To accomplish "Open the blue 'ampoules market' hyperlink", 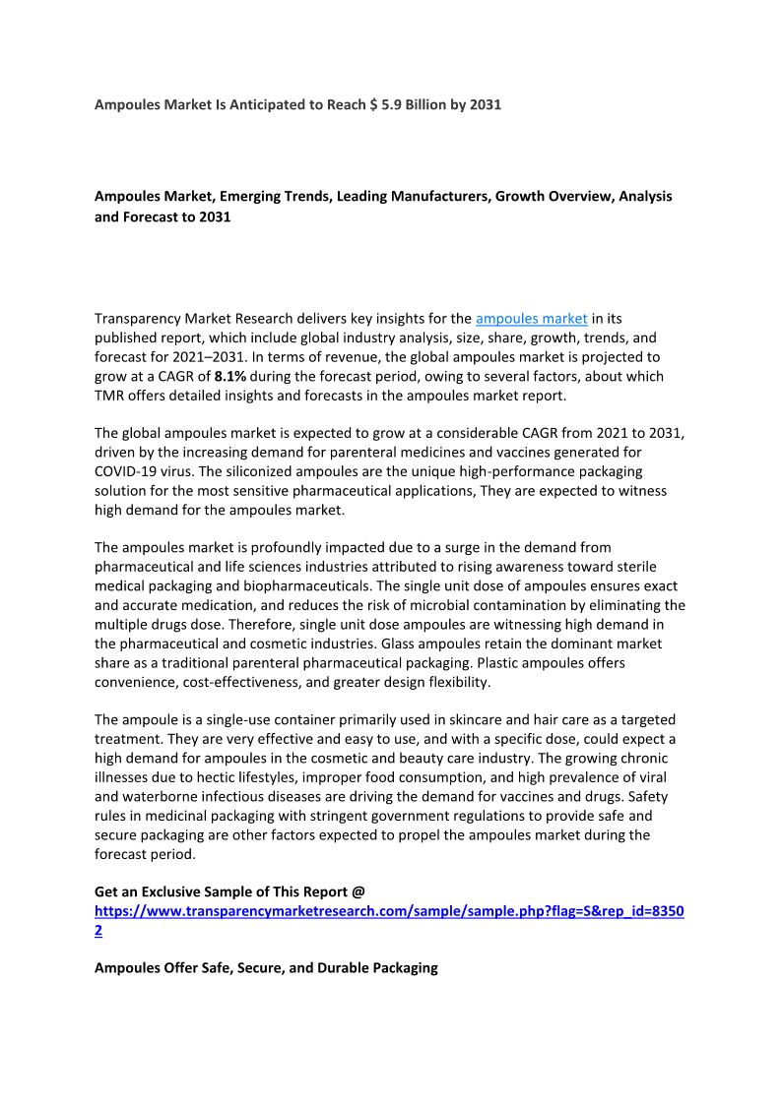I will point(532,318).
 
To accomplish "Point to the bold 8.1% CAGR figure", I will point(230,376).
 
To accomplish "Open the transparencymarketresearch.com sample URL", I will point(389,911).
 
